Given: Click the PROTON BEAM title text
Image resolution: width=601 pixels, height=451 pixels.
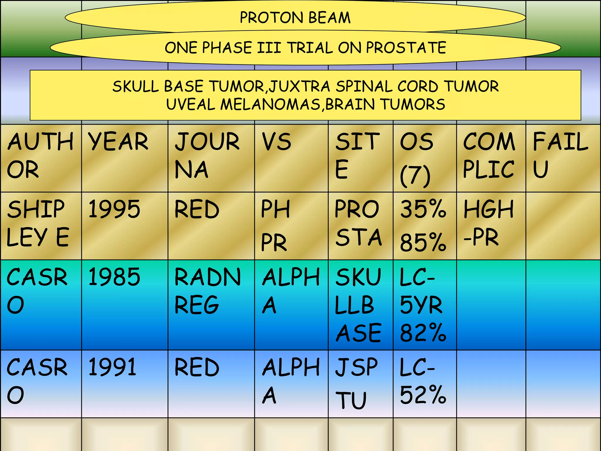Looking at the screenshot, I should point(295,18).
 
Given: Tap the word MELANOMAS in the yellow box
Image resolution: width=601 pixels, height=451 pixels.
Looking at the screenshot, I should point(270,104).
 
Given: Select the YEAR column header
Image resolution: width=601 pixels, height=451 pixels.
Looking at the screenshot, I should point(118,142).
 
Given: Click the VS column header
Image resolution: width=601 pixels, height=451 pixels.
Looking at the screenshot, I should point(276,142).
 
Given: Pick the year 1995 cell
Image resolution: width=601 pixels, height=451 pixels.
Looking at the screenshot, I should point(114,209).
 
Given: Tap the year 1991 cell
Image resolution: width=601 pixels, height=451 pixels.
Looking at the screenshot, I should point(112,367).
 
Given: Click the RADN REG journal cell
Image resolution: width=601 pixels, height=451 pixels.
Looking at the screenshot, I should point(207,291).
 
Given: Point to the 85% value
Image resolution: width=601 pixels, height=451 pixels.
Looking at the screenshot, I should point(423,243).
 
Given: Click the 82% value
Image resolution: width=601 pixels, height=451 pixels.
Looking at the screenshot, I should point(423,333).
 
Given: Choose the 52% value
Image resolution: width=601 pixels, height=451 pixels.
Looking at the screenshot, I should point(423,395).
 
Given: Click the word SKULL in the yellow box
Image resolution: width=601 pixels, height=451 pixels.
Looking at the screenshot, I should point(136,86).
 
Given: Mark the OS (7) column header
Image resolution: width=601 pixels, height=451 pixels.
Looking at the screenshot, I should point(416,159).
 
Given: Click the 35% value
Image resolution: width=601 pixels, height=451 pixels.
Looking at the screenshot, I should point(423,209).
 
